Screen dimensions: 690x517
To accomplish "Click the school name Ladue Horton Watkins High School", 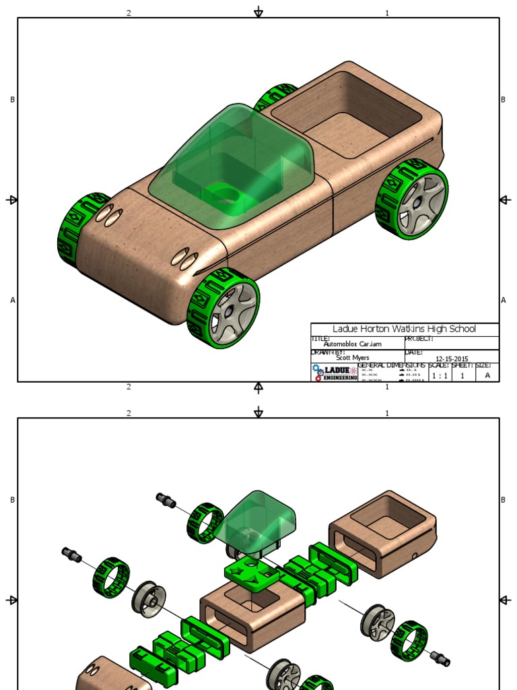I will click(404, 329).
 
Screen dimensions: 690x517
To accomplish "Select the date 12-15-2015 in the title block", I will click(452, 358).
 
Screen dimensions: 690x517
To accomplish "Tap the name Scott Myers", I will click(352, 358).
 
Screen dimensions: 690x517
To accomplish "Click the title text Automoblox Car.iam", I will click(352, 344).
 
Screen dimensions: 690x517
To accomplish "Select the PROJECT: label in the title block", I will click(419, 339).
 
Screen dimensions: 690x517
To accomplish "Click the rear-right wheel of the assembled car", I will click(413, 199).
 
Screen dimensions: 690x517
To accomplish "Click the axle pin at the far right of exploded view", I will click(440, 657).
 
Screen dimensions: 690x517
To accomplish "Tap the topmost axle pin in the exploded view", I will click(166, 501).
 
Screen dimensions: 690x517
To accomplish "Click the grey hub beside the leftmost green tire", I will click(148, 596).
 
